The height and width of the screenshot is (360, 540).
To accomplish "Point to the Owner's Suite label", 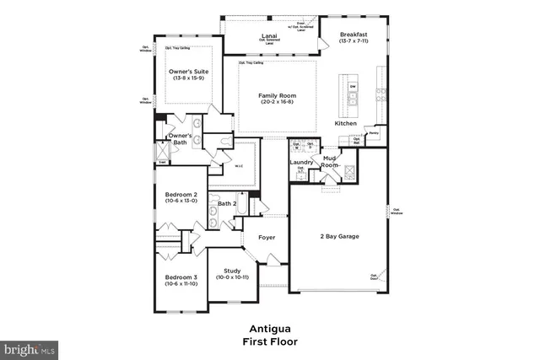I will point(188,72).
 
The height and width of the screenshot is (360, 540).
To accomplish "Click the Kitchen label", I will point(346,124).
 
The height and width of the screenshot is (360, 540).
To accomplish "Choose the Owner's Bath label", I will point(180,139).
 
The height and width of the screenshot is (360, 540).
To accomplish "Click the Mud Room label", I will point(329,161).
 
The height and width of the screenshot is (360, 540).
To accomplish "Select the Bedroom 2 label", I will point(181,195).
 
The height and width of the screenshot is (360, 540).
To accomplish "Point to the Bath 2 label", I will point(226,203).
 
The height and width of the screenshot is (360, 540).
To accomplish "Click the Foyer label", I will point(267,238).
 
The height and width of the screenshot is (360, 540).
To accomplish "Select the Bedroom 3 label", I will point(181,277).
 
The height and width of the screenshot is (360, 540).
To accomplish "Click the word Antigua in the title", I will point(269,329).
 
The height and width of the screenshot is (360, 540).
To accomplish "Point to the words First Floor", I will point(269,341).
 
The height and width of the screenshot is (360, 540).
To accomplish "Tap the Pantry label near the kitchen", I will point(373,132).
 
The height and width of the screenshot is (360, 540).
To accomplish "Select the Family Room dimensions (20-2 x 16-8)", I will point(278,102).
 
